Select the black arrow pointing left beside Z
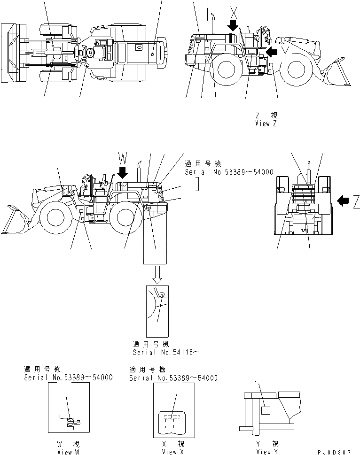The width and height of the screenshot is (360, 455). pyautogui.click(x=344, y=201)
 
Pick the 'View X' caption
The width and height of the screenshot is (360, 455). pyautogui.click(x=173, y=452)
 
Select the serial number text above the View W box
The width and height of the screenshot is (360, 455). pyautogui.click(x=68, y=378)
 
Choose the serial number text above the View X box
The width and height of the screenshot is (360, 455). pyautogui.click(x=173, y=378)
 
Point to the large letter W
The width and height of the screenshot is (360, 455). pyautogui.click(x=122, y=157)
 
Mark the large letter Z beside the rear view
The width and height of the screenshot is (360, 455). pyautogui.click(x=356, y=201)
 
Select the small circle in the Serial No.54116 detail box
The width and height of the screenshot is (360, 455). pyautogui.click(x=162, y=295)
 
